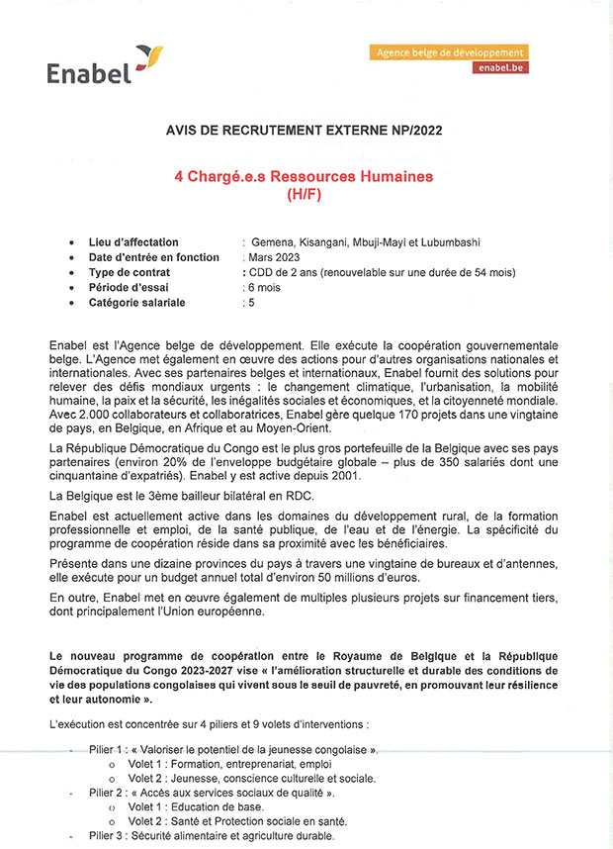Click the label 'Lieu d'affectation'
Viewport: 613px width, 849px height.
coord(133,242)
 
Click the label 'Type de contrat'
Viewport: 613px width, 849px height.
coord(130,272)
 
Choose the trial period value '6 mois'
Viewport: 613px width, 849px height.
coord(266,287)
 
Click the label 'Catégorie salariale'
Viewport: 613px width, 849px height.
coord(137,302)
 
